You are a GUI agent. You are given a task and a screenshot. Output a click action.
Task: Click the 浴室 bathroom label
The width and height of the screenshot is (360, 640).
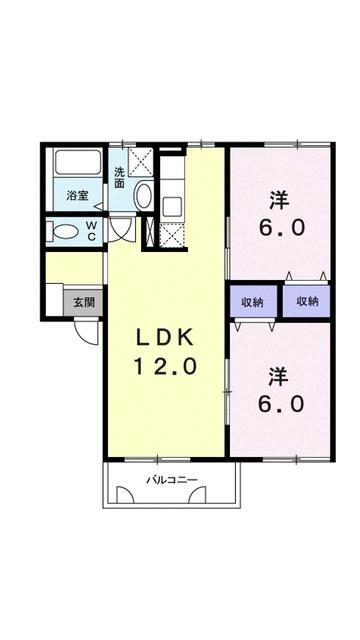[78, 195]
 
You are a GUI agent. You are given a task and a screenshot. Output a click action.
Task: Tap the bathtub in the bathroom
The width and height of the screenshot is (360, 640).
[78, 162]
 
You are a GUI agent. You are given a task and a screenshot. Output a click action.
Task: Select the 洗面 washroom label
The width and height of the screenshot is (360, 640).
[119, 178]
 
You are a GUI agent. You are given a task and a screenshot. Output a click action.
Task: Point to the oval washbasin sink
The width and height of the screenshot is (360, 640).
[143, 196]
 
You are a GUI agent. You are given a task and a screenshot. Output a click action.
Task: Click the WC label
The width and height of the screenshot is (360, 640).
[92, 230]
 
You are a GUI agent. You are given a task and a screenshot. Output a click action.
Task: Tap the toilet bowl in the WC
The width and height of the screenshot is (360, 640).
[65, 232]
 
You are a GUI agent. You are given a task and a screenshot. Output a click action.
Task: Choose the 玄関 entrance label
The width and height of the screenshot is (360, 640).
[84, 302]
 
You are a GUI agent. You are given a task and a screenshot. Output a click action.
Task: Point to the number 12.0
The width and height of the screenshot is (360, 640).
[166, 367]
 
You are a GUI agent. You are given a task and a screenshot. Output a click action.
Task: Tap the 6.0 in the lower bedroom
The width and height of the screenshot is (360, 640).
[281, 404]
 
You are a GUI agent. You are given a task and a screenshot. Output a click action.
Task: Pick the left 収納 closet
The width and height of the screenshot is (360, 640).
[253, 302]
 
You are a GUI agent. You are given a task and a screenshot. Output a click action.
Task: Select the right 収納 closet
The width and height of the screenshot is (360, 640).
[307, 302]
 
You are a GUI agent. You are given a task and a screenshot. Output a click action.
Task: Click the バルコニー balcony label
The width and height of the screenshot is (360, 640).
[172, 480]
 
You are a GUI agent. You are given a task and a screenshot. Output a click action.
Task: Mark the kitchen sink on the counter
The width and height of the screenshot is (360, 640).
[172, 207]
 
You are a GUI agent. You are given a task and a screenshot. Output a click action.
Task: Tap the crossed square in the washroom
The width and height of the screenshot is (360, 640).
[140, 161]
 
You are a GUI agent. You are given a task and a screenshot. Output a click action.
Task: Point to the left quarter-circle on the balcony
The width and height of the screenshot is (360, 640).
[125, 494]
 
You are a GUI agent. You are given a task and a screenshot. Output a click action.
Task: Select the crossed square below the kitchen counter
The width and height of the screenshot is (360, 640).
[172, 234]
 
